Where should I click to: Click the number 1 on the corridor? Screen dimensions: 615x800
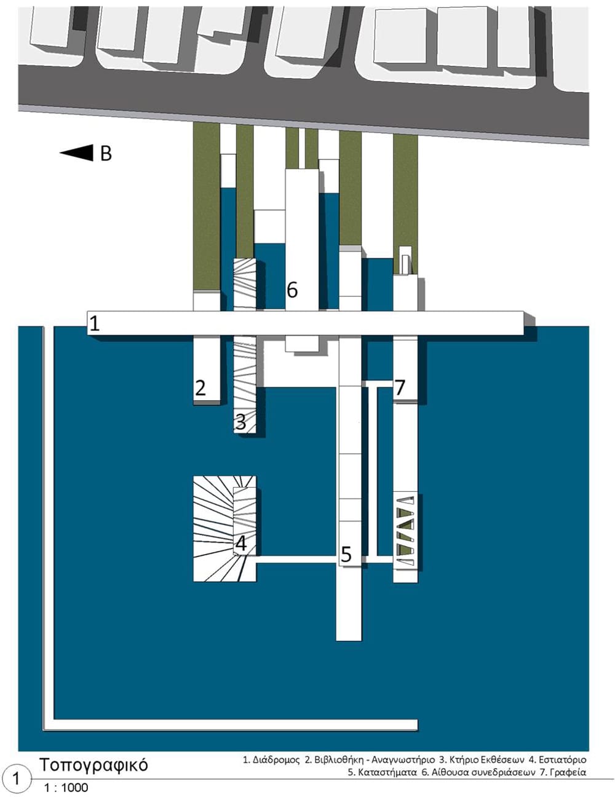[x=95, y=323]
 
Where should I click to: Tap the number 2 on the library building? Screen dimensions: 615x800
[x=200, y=387]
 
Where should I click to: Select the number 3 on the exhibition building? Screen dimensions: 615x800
[x=240, y=422]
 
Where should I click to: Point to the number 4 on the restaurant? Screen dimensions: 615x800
[x=240, y=544]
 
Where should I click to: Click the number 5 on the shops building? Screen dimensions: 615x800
[x=346, y=553]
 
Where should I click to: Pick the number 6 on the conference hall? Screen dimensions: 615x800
[x=292, y=290]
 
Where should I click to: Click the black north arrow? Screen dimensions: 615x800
[x=76, y=152]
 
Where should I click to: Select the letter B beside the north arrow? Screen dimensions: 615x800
[x=106, y=154]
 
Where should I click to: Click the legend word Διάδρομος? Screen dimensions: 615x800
[x=276, y=760]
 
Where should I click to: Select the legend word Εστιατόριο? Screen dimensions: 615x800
[x=562, y=760]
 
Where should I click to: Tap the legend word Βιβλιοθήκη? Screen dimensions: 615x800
[x=341, y=760]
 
